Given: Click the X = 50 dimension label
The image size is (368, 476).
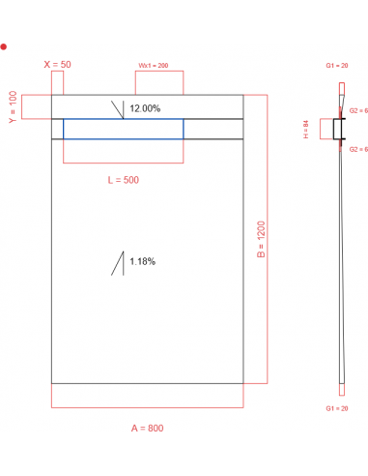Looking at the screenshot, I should (58, 64).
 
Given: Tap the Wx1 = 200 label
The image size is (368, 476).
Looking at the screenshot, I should (153, 65).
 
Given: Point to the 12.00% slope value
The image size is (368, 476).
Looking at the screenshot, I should (145, 108).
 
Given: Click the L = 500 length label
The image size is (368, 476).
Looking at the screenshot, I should (124, 180).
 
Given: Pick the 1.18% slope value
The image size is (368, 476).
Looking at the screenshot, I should (141, 261).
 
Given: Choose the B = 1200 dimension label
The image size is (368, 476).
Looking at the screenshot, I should (261, 239).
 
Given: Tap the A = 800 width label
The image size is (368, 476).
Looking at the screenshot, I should (148, 427).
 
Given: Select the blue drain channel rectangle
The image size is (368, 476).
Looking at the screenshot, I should (124, 129).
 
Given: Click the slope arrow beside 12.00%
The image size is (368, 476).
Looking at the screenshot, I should (119, 108).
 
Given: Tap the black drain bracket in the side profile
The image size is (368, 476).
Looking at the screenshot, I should (337, 129).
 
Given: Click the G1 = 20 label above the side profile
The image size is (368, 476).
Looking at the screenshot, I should (339, 65).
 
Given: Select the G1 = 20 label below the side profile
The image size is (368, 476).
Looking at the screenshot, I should (339, 409).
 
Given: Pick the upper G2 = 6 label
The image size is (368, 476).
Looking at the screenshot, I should (357, 111).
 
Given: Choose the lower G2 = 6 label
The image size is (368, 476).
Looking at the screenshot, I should (357, 149).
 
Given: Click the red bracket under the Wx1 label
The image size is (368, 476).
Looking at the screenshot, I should (153, 83).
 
